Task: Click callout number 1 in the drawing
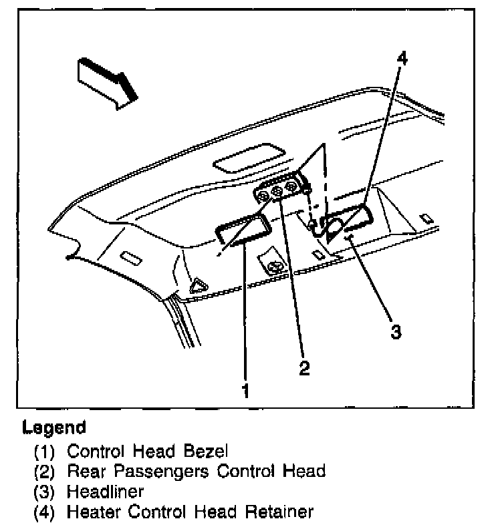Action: (x=246, y=389)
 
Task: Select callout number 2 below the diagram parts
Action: (x=304, y=367)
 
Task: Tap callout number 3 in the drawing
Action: (x=396, y=331)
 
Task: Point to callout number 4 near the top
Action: (x=400, y=59)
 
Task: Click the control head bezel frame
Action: (x=242, y=228)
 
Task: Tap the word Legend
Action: (x=54, y=427)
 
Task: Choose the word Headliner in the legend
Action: (x=105, y=492)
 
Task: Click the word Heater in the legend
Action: (x=90, y=512)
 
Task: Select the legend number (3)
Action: (x=45, y=492)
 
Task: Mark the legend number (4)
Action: (x=45, y=512)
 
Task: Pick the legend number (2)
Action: (x=45, y=471)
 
